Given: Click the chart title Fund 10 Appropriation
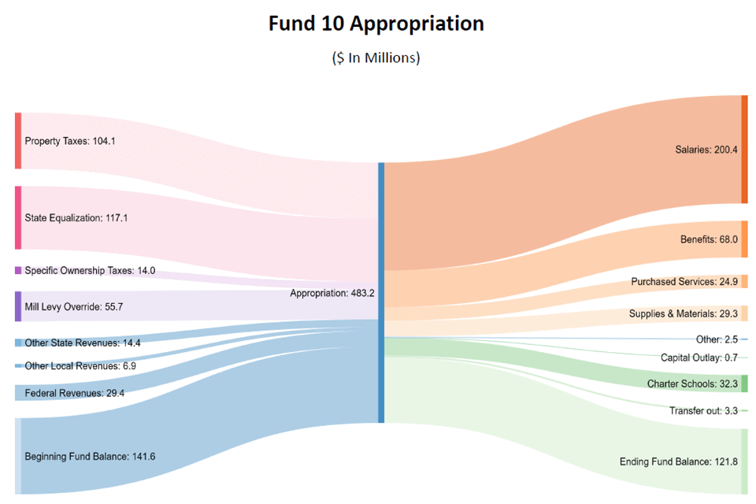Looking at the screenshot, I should (376, 24).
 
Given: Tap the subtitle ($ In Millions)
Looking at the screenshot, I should (376, 57).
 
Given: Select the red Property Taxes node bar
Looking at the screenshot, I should (18, 141).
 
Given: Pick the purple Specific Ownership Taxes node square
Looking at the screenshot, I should (18, 270).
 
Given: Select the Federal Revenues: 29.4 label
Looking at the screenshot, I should (74, 393).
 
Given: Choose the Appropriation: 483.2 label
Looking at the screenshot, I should (332, 293).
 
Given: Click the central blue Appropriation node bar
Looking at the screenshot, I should (381, 292).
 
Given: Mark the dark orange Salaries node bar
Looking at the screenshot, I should (744, 150).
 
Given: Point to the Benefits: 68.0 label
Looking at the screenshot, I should (709, 239).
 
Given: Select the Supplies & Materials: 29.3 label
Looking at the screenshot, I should (683, 313).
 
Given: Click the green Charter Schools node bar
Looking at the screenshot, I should (744, 384).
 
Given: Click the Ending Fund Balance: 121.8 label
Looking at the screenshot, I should (678, 461).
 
